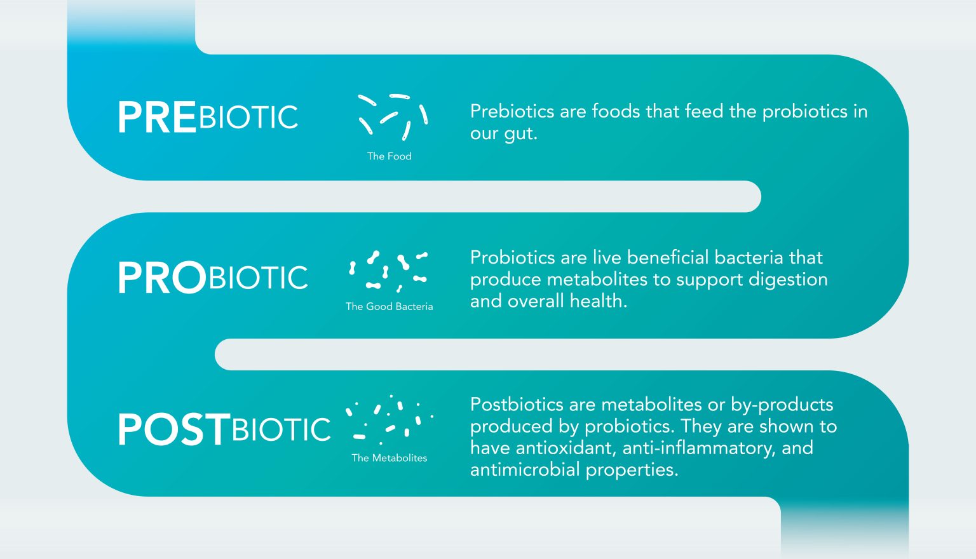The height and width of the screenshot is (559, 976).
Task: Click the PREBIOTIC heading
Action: click(x=208, y=118)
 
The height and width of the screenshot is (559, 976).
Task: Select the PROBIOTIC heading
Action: click(x=213, y=278)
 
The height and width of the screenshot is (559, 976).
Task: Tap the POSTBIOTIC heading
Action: click(x=224, y=429)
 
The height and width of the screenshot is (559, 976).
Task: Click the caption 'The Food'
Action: click(x=389, y=156)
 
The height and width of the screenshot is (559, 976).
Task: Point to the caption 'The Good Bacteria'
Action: click(x=389, y=306)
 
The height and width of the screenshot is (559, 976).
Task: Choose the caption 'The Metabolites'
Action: click(x=389, y=458)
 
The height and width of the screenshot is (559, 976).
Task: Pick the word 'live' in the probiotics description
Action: click(x=607, y=257)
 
